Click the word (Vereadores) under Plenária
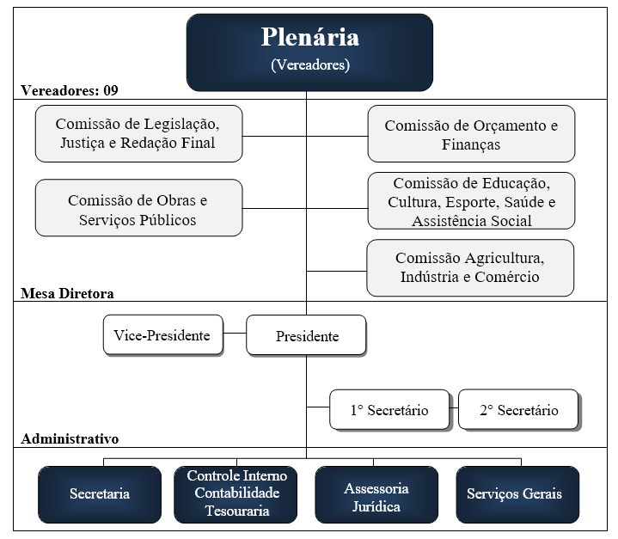point(310,64)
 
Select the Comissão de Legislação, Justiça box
point(138,133)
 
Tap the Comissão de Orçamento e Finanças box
point(471,134)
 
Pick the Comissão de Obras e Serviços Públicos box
point(138,209)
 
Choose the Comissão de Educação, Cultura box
point(471,202)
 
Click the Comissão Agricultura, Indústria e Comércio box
point(470,267)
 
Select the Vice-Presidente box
point(162,335)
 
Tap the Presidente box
point(306,336)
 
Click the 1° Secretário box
point(389,410)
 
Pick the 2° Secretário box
point(518,410)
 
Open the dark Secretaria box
point(100,494)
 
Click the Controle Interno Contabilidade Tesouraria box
point(237,493)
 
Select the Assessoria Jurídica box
point(376,496)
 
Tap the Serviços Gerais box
point(514,494)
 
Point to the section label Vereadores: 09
point(70,90)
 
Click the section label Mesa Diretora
point(67,293)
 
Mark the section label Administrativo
point(70,438)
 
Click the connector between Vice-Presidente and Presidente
point(235,334)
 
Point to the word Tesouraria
point(237,511)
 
